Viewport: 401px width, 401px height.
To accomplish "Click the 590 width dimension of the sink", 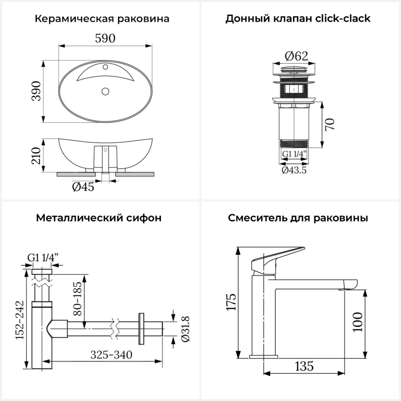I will coord(105,38).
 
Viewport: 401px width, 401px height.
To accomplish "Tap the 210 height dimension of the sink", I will coord(36,156).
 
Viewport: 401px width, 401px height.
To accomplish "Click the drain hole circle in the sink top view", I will coord(105,91).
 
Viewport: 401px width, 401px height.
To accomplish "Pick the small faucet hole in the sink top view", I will coord(105,67).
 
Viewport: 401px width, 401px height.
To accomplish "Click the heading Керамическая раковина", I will coord(102,19).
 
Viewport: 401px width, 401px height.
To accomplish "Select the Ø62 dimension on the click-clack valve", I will coord(296,56).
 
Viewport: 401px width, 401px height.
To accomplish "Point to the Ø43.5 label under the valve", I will coord(294,170).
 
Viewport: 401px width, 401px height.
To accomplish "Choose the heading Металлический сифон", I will coord(99,218).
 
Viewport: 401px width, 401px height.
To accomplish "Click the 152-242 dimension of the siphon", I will coord(20,320).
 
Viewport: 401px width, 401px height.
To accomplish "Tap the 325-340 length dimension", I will coord(111,355).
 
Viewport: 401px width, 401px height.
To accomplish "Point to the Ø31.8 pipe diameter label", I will coord(185,329).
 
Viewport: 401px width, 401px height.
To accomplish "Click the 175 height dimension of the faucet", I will coord(232,302).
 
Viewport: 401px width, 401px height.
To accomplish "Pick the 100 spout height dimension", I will coord(358,322).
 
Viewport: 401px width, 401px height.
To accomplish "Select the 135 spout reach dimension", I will coord(304,366).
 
